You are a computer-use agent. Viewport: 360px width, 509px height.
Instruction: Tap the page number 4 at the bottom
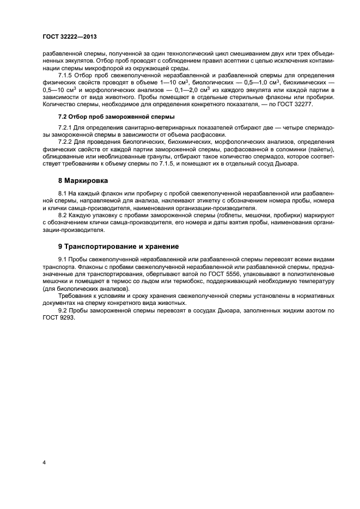pos(44,462)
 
